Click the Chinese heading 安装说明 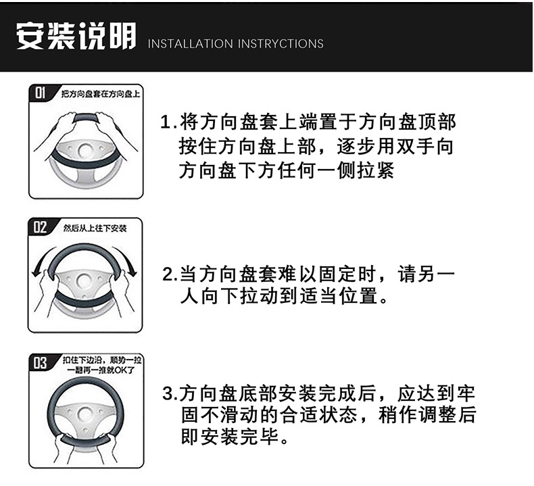[x=76, y=36]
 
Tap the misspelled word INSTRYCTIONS [x=281, y=44]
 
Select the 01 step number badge [x=40, y=93]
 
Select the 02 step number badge [x=40, y=226]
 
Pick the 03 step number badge [x=40, y=363]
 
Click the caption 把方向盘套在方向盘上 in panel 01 [x=101, y=94]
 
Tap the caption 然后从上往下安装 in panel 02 [x=95, y=228]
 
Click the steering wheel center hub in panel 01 [x=85, y=150]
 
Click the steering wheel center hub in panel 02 [x=84, y=281]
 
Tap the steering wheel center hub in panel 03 [x=85, y=414]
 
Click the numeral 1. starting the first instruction [x=168, y=122]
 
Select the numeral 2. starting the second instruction [x=170, y=274]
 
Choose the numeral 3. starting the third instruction [x=170, y=393]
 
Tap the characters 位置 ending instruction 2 [x=358, y=295]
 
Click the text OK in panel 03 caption [x=120, y=370]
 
